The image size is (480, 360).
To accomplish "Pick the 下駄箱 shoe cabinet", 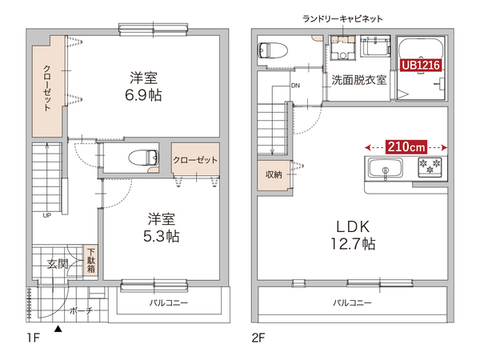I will [x=91, y=259].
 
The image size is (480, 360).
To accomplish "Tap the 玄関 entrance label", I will [x=57, y=264].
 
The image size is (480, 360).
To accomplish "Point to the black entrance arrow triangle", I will [x=58, y=328].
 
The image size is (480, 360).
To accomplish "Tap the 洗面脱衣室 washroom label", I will [x=359, y=81].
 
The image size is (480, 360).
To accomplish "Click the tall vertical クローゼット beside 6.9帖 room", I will [x=48, y=88].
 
